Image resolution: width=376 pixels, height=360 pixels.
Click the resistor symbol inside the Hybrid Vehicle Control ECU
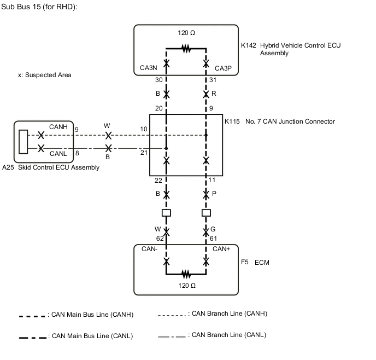tap(186, 49)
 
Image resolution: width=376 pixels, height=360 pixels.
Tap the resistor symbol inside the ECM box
tap(186, 272)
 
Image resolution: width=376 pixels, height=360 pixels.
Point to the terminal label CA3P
tap(224, 69)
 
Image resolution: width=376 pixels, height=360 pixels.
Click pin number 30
tap(159, 80)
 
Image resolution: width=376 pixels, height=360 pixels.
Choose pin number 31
tap(213, 80)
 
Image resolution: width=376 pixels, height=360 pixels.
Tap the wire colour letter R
tap(214, 94)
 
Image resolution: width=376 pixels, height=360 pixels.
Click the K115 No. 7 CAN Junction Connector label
tap(280, 121)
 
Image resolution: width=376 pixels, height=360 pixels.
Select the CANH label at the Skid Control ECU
tap(58, 127)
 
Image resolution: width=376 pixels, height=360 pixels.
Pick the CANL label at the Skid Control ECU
tap(58, 154)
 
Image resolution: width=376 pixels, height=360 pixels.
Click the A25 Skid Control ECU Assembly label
tap(51, 167)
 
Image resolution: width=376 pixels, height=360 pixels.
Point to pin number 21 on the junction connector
tap(144, 153)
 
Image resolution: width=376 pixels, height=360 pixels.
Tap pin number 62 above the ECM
tap(160, 239)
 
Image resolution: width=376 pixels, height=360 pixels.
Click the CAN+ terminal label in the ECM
tap(221, 249)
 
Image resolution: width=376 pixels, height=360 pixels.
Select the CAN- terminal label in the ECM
tap(150, 249)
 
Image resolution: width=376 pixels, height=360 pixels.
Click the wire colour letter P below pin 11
tap(214, 194)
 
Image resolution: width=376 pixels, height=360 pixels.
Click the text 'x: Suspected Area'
tap(45, 75)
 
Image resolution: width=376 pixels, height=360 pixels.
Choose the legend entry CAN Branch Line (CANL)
tap(228, 335)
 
